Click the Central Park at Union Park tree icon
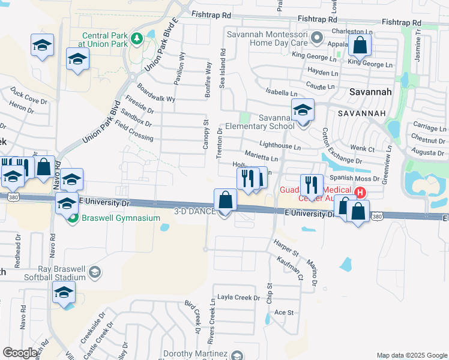(x=137, y=39)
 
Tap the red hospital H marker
(x=360, y=193)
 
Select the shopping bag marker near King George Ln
(x=360, y=45)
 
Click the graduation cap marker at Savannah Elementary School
(x=303, y=110)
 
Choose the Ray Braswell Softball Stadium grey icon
(x=94, y=273)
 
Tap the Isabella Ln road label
(x=281, y=94)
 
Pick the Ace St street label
(x=283, y=313)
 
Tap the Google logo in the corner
(x=20, y=353)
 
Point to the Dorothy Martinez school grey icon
(x=237, y=356)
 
